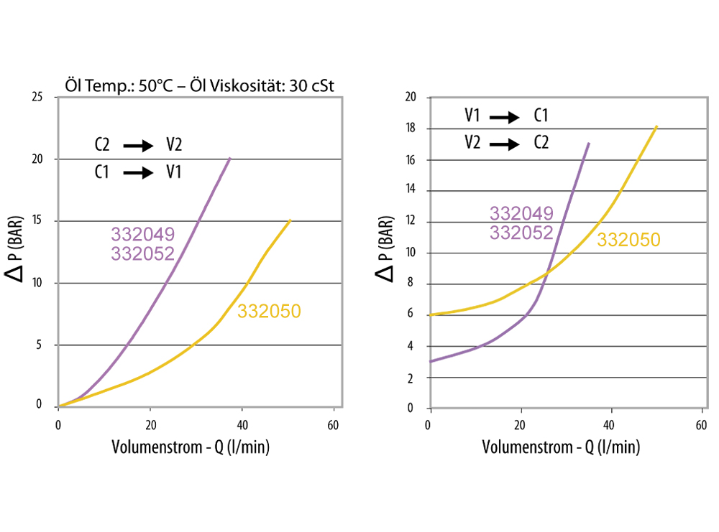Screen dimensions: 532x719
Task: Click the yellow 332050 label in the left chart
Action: pos(268,311)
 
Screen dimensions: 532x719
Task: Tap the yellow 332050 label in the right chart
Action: pos(628,240)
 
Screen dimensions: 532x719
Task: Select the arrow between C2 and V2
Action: pos(139,146)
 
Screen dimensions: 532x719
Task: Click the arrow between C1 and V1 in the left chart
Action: pos(139,172)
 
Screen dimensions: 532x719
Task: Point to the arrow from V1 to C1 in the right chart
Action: pos(504,116)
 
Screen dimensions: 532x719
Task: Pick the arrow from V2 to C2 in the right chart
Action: pos(504,144)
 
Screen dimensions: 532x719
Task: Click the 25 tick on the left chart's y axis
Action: pos(40,97)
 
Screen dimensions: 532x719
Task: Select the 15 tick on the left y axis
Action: pos(40,221)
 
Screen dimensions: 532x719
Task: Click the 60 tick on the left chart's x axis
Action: pos(333,423)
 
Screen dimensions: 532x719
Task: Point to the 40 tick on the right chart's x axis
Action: pos(611,423)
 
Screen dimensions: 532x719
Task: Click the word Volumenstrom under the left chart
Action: pos(156,447)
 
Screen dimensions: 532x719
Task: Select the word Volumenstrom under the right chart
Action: pos(526,447)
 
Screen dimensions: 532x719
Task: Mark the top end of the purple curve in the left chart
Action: pos(230,158)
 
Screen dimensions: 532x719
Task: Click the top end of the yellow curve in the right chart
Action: pos(656,127)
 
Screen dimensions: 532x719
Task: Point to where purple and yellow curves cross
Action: pos(546,273)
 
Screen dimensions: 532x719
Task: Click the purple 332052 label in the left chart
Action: pos(142,253)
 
